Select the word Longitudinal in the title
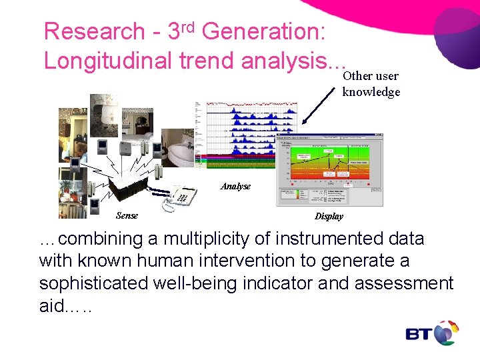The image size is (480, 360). coord(108,61)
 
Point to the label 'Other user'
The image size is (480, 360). coord(370,76)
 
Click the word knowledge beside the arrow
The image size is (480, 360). coord(371,92)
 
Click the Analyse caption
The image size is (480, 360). coord(235,186)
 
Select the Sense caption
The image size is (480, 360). coord(127,215)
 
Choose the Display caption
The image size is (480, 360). coord(329,216)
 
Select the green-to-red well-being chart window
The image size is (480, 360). coord(329,170)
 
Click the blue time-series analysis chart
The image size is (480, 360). coord(240,133)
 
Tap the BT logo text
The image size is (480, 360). coord(419,333)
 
